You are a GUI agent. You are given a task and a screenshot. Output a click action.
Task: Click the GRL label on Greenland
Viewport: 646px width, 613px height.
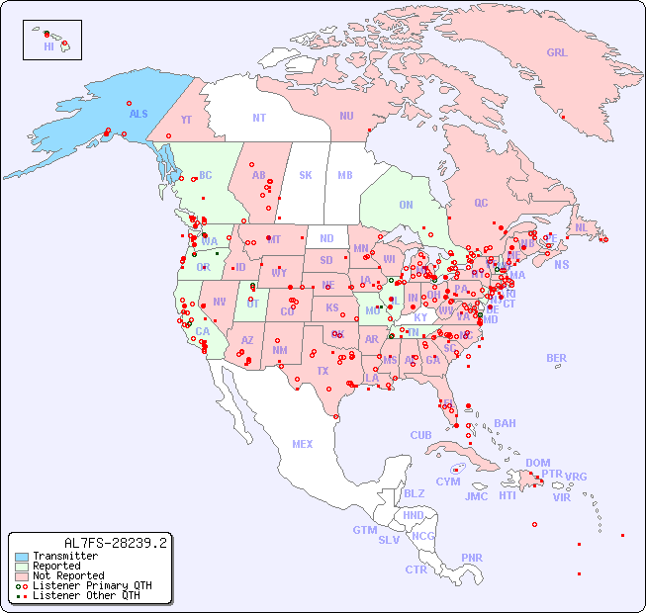click(x=557, y=52)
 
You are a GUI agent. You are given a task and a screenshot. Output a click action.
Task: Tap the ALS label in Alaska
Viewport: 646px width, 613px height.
click(x=138, y=114)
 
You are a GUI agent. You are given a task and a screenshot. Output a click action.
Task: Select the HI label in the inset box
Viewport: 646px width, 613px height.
click(x=48, y=46)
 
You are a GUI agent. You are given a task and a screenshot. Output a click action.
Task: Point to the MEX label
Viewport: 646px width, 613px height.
click(x=303, y=444)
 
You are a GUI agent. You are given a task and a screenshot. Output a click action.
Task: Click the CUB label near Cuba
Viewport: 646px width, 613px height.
click(x=420, y=435)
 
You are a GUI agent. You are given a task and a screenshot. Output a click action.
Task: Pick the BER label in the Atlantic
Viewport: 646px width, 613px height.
click(x=556, y=358)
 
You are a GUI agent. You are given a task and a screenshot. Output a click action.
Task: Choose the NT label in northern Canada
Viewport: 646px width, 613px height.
click(x=258, y=118)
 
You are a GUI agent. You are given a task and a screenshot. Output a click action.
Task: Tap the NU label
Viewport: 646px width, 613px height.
click(x=346, y=116)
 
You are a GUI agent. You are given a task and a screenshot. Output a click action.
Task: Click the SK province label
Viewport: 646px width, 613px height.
click(x=306, y=175)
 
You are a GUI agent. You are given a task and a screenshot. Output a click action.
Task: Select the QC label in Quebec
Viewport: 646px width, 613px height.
click(x=481, y=203)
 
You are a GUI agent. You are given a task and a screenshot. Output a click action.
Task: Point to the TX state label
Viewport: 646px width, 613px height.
click(x=323, y=371)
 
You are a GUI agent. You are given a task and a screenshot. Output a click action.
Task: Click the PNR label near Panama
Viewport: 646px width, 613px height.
click(x=472, y=558)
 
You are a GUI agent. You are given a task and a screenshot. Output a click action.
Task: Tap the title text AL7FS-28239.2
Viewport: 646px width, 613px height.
click(x=115, y=542)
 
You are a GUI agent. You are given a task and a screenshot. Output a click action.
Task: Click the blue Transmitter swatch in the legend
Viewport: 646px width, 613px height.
click(x=22, y=557)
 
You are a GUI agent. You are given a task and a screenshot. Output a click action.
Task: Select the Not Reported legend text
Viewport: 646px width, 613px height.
click(x=67, y=575)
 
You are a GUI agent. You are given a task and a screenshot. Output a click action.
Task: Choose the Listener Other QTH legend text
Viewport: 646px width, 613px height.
click(x=85, y=595)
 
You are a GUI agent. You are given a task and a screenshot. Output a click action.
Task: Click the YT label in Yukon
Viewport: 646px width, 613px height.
click(x=186, y=120)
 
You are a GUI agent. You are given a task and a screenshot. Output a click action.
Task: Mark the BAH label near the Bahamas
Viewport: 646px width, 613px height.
click(x=505, y=423)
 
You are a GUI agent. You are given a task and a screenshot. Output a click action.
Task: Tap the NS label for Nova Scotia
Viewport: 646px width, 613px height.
click(x=561, y=264)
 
